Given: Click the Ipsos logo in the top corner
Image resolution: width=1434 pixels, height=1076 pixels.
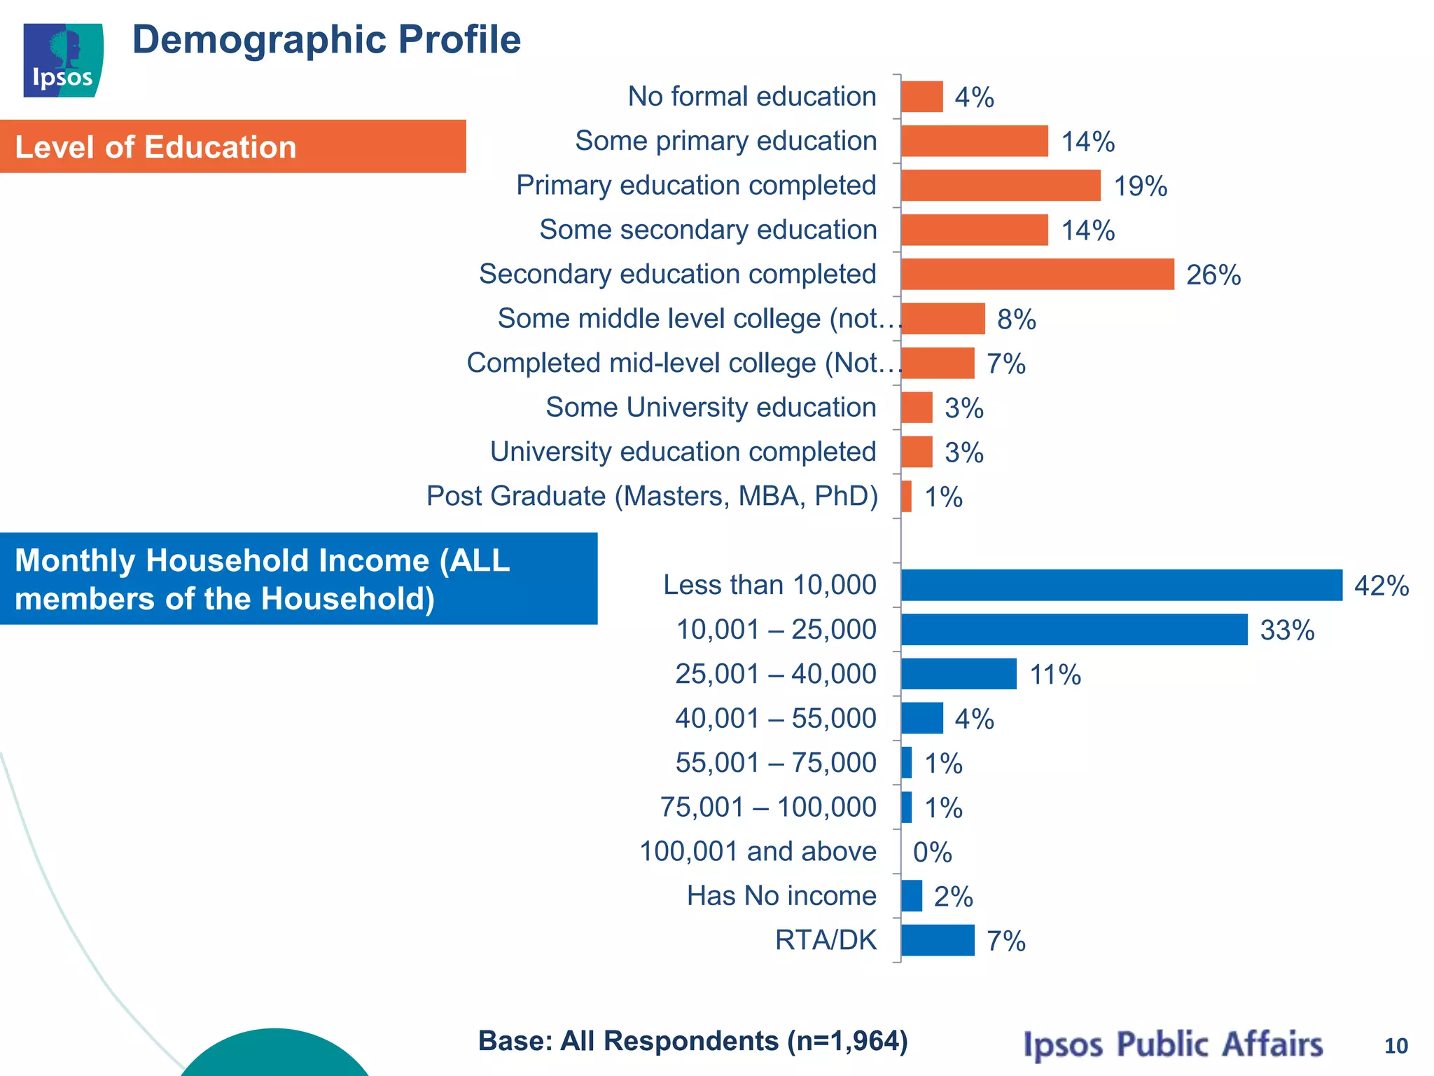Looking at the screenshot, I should [x=63, y=60].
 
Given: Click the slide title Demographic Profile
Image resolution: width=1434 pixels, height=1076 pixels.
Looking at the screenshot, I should [x=326, y=40].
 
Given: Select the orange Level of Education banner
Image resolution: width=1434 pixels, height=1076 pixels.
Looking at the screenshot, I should [x=232, y=146].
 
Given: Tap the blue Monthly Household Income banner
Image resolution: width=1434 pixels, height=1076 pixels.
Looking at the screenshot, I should [x=298, y=579].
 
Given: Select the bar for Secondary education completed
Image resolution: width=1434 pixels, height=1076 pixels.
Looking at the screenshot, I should [x=1037, y=274].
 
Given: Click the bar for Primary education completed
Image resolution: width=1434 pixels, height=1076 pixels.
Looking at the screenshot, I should [x=1001, y=186].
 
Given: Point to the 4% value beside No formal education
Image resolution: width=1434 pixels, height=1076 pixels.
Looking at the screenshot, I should [x=974, y=97].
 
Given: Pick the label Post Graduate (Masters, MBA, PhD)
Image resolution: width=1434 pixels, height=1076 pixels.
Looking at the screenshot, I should [x=652, y=496].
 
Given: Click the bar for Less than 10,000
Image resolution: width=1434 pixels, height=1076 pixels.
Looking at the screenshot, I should [x=1121, y=585].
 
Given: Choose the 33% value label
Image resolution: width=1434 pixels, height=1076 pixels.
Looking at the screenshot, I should [x=1287, y=630].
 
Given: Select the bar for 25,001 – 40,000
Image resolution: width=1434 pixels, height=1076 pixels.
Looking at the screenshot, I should [x=959, y=674].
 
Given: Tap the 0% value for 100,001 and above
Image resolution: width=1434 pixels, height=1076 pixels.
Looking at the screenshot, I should [x=932, y=853].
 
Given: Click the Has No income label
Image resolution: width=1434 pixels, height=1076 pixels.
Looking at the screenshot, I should [x=781, y=896].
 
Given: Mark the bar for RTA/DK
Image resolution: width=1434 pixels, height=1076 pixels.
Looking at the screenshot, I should [x=938, y=940].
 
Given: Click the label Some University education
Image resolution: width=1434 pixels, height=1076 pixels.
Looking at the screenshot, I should [x=711, y=407].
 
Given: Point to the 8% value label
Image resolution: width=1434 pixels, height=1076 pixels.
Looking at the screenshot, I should [x=1016, y=319].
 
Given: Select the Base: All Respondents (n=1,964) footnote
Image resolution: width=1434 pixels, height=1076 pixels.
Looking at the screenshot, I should [x=692, y=1041].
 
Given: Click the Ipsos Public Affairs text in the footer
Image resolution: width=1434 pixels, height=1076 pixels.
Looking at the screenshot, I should [x=1173, y=1044].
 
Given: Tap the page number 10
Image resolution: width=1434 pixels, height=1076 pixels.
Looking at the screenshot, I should [x=1395, y=1046].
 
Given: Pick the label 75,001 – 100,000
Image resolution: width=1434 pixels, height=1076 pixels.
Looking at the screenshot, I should [x=768, y=807].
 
